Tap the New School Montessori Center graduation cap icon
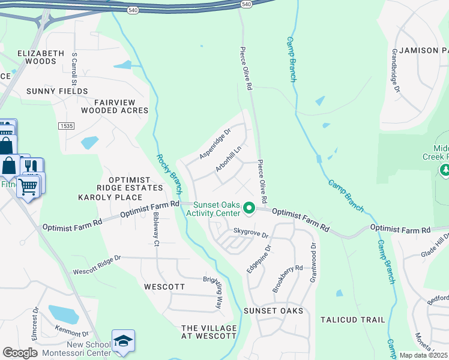(x=123, y=341)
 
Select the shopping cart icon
(x=28, y=187)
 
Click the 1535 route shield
(x=67, y=125)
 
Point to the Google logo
(x=20, y=353)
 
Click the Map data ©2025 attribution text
(x=423, y=355)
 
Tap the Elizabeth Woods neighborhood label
(x=41, y=57)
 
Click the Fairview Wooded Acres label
(x=115, y=106)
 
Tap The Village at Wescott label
(x=208, y=332)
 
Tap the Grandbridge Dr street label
(x=396, y=71)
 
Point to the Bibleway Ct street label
(x=156, y=229)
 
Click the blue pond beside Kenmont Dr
(x=63, y=314)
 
